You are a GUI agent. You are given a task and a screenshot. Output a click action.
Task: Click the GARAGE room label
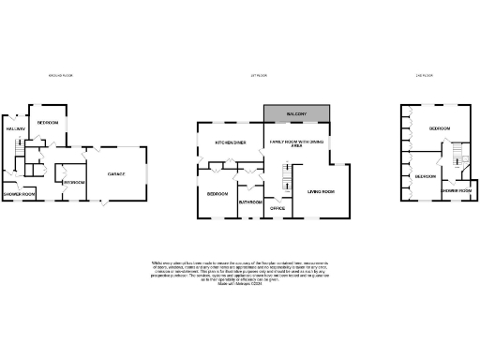tap(116, 174)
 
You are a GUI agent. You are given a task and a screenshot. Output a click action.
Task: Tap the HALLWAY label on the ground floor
tap(14, 128)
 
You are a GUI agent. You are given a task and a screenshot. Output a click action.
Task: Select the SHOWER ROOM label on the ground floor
tap(18, 194)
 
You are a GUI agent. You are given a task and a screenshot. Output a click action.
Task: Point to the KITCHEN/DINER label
tap(231, 142)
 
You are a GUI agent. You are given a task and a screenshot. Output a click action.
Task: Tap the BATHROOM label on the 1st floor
tap(249, 202)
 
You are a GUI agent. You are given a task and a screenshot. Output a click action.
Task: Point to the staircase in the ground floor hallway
tap(20, 146)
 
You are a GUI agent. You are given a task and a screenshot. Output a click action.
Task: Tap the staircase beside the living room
tap(287, 174)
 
